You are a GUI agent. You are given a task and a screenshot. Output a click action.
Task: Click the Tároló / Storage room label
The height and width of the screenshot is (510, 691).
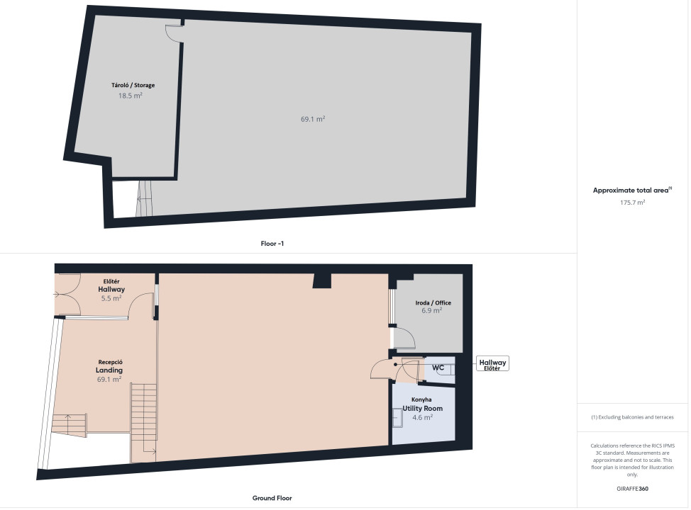133,86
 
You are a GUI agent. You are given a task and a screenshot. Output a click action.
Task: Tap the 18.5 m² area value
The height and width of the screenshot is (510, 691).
130,96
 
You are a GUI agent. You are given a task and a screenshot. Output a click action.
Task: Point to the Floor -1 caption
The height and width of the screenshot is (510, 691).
272,244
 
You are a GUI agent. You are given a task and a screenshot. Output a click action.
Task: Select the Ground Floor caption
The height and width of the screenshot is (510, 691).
272,498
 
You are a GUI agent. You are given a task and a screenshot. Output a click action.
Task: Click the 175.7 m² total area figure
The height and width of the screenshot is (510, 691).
632,203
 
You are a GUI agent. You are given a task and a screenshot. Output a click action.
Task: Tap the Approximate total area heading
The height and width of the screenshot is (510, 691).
632,190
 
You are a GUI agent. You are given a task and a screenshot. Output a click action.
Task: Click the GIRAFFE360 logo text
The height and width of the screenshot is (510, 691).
632,489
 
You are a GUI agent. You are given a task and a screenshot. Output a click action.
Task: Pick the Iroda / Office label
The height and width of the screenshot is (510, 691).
433,302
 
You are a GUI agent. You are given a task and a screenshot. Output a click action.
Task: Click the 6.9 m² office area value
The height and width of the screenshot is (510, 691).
431,310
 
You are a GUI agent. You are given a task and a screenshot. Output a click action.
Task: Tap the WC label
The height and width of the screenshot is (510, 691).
438,368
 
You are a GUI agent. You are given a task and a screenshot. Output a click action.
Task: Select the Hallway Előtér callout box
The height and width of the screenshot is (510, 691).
492,363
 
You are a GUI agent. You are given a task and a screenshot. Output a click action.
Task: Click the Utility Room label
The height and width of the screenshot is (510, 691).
422,408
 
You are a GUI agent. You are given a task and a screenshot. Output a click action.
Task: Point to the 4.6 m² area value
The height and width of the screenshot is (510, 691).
422,417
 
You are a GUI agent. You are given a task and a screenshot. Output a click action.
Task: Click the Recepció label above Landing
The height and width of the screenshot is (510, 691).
110,362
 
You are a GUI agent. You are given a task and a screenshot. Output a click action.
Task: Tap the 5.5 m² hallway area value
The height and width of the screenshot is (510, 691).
111,298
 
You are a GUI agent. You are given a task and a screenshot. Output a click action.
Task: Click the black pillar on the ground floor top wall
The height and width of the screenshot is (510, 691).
321,280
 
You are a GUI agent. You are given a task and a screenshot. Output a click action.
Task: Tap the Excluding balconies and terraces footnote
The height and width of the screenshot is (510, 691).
632,417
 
